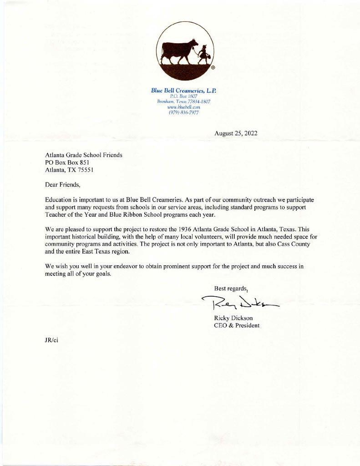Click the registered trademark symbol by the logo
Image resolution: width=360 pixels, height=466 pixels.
tap(213, 68)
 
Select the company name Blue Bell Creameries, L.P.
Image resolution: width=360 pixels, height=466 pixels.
tap(183, 90)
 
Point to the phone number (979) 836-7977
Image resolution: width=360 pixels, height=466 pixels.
tap(183, 112)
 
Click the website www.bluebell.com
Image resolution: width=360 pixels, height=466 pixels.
tap(183, 107)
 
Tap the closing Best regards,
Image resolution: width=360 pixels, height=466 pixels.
tap(231, 288)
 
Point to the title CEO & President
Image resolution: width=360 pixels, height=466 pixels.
tap(237, 325)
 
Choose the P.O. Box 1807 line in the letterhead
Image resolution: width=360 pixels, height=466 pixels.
tap(183, 96)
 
